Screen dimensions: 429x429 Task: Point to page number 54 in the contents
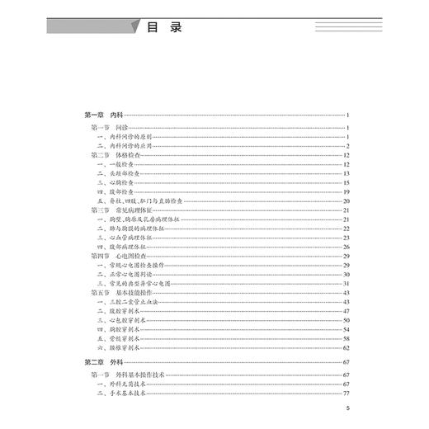347,329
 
